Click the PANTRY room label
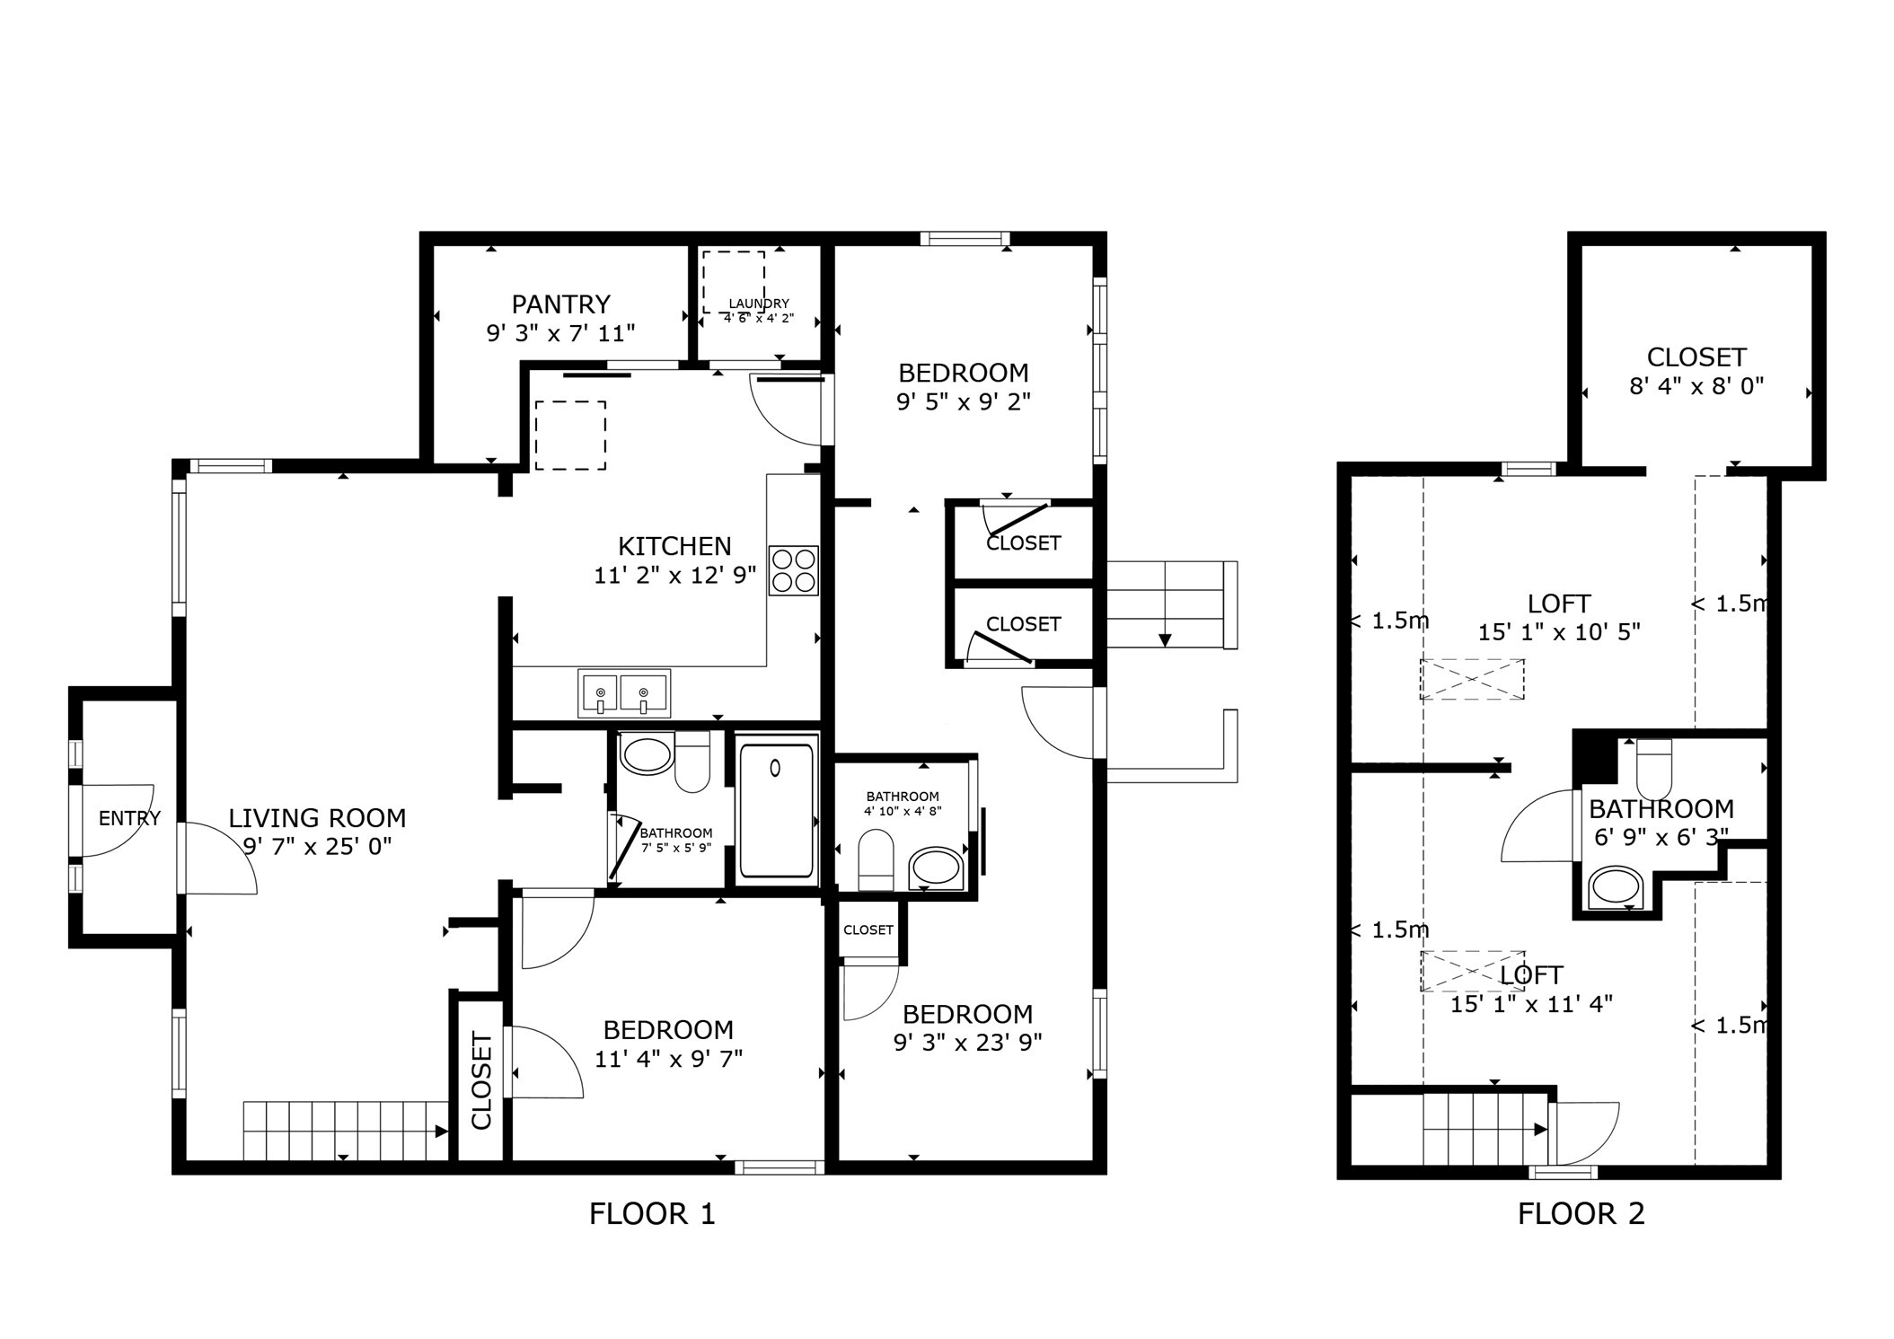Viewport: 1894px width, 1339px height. tap(560, 304)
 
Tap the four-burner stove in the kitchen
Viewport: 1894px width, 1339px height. tap(793, 570)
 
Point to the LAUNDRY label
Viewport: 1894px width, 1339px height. tap(759, 304)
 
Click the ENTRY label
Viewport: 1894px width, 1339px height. tap(129, 818)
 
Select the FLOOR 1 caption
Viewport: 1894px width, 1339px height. tap(652, 1214)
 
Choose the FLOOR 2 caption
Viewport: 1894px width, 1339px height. tap(1581, 1214)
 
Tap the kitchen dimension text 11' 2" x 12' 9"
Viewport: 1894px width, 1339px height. tap(674, 576)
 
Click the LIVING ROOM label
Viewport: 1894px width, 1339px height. tap(317, 818)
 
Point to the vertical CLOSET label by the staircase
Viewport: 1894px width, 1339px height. tap(481, 1081)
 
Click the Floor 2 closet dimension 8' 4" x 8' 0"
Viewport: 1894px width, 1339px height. tap(1696, 386)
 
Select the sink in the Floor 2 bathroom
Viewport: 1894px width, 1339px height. tap(1616, 887)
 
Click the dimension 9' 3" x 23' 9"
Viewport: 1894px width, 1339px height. tap(967, 1043)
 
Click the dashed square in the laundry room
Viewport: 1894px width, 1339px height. tap(734, 281)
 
